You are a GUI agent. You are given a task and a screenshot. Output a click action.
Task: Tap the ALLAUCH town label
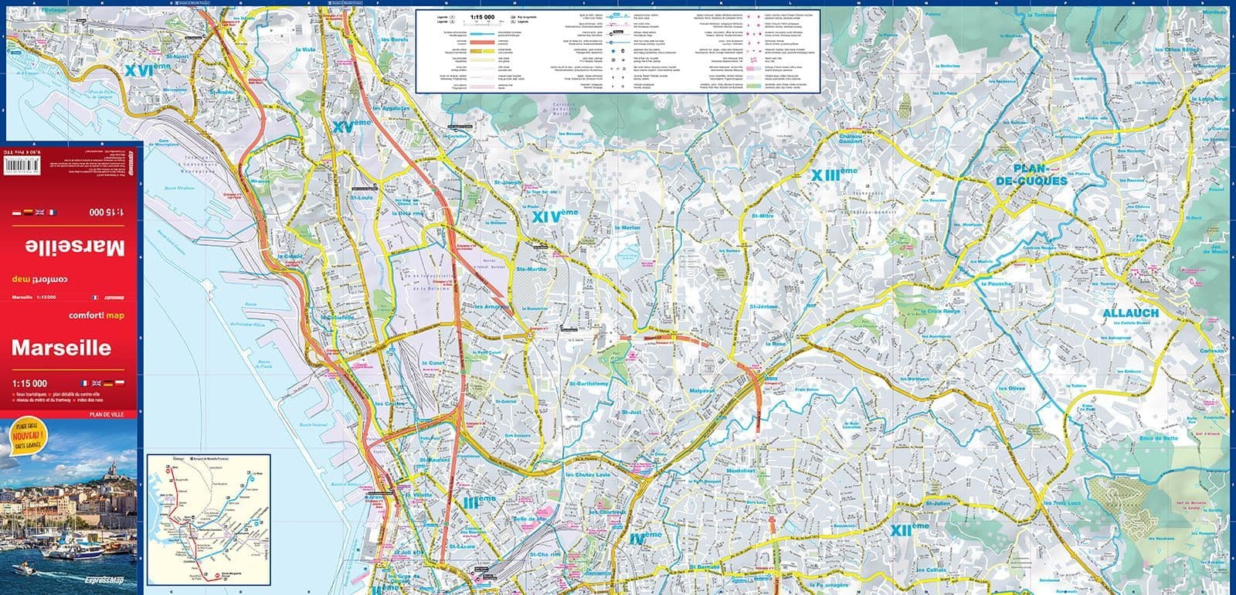(1130, 313)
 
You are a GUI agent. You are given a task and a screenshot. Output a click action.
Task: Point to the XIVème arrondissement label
(555, 218)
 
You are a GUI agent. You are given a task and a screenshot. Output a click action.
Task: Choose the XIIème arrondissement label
(908, 530)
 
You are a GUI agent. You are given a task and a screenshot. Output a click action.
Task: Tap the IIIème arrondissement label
(480, 501)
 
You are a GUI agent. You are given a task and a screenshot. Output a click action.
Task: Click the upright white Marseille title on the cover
(61, 348)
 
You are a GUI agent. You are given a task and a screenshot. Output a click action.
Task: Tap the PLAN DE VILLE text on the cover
(111, 415)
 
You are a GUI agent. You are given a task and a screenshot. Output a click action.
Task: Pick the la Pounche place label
(995, 284)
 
